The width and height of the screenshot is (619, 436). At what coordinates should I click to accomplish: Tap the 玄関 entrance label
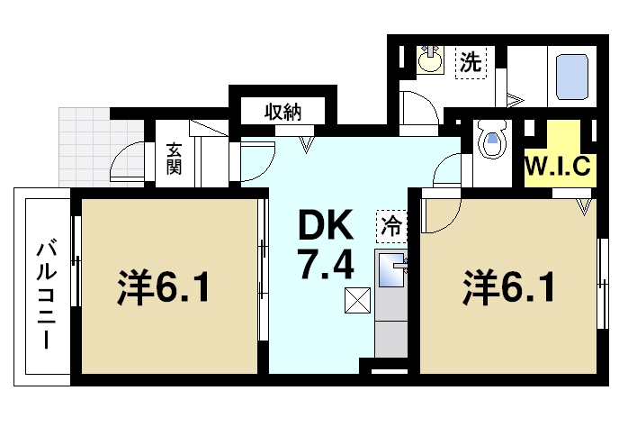pos(175,159)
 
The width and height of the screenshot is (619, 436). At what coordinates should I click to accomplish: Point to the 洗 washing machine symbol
pos(470,63)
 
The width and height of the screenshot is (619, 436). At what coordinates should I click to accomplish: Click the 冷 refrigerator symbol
pos(392,223)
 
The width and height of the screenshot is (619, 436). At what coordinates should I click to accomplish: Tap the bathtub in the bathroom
pos(570,77)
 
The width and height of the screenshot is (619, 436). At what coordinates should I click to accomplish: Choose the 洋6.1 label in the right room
pos(507,287)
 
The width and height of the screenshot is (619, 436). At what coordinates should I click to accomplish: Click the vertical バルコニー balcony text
pos(42,292)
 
